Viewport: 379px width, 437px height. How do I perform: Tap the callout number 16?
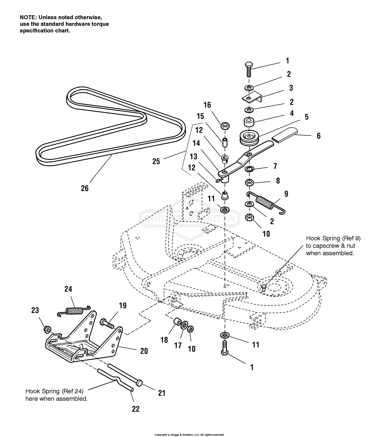click(x=207, y=105)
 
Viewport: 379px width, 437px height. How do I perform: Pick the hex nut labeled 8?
click(x=249, y=182)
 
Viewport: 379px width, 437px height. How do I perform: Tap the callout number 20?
click(x=144, y=351)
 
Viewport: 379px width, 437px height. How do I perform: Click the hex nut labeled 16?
click(x=225, y=125)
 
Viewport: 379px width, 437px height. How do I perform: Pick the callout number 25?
click(x=156, y=161)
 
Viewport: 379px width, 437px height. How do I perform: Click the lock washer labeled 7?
click(x=249, y=169)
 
